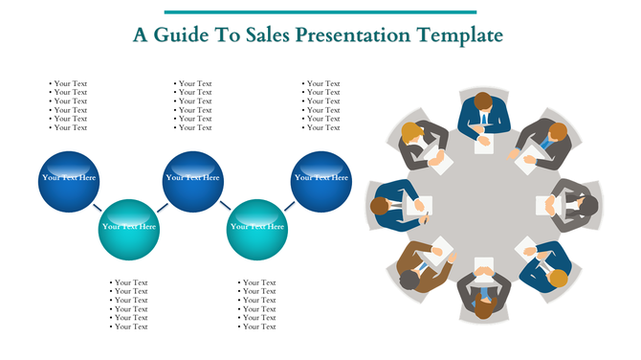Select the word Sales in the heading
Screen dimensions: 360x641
[x=266, y=35]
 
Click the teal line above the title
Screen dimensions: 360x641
[x=320, y=12]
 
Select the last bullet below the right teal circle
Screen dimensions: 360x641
[x=258, y=326]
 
